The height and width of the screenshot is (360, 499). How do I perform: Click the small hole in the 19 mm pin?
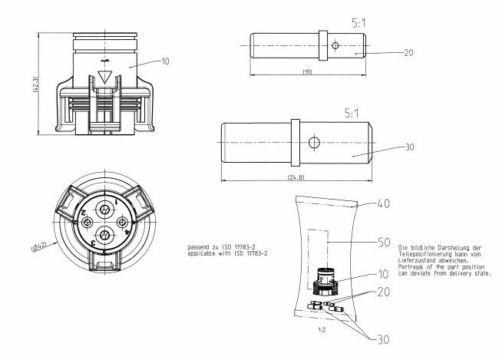(x=335, y=45)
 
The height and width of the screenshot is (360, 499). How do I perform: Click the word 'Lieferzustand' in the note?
(x=419, y=261)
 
